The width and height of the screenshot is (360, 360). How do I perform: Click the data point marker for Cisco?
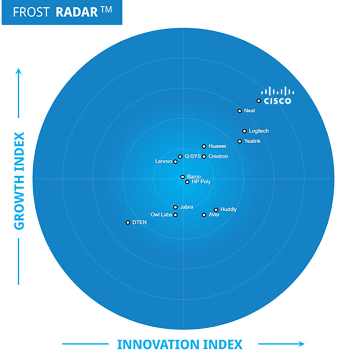pos(258,101)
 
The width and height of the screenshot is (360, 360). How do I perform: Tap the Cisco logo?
pos(277,95)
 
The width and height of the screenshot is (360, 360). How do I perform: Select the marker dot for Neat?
pos(240,111)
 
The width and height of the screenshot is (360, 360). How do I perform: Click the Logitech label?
pos(259,131)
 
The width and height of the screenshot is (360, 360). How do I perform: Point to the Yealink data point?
pos(240,141)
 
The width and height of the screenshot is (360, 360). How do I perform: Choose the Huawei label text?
pos(217,146)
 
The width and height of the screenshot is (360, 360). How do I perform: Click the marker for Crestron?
pos(204,157)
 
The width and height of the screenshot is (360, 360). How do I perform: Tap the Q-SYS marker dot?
pos(180,157)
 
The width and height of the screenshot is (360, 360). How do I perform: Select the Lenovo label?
pos(164,162)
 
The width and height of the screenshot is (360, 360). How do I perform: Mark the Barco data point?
pos(182,177)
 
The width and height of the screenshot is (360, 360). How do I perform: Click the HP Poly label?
pos(201,182)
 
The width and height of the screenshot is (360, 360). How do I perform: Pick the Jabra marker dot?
pos(175,207)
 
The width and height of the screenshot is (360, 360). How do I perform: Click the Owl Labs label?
pos(161,215)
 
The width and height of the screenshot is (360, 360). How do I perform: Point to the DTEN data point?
pos(127,223)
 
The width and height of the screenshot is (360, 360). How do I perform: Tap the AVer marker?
pos(204,215)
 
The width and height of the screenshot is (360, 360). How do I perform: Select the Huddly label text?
pos(228,210)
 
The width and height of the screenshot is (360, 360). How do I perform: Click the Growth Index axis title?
pos(19,181)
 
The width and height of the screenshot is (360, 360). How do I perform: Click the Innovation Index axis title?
pos(180,345)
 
